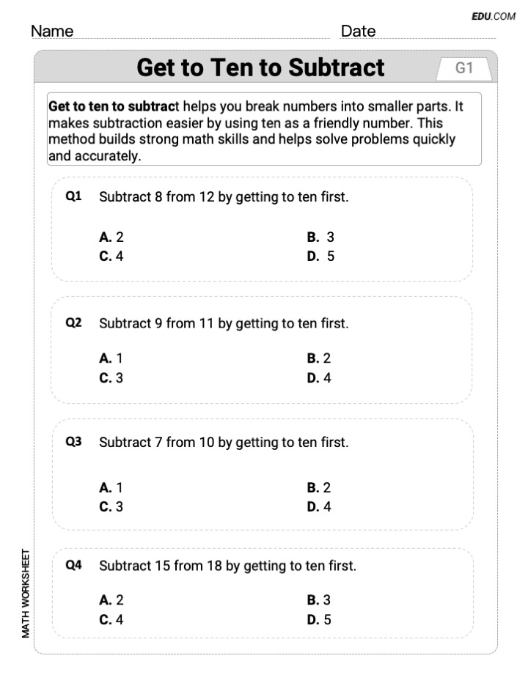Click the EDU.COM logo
[x=494, y=16]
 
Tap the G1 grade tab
[x=464, y=68]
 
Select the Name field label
[x=52, y=32]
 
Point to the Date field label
[x=358, y=32]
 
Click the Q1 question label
[x=73, y=196]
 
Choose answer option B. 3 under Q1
[x=320, y=237]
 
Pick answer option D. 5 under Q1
[x=320, y=256]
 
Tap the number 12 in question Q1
[x=206, y=197]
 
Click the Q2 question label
[x=73, y=322]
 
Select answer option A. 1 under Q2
[x=111, y=358]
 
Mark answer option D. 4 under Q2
[x=319, y=378]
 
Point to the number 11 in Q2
[x=206, y=323]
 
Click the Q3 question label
[x=73, y=442]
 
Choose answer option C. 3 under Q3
[x=111, y=506]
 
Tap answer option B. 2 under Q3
[x=319, y=487]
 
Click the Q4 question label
[x=73, y=565]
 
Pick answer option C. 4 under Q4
[x=111, y=619]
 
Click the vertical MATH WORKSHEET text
[x=26, y=593]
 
